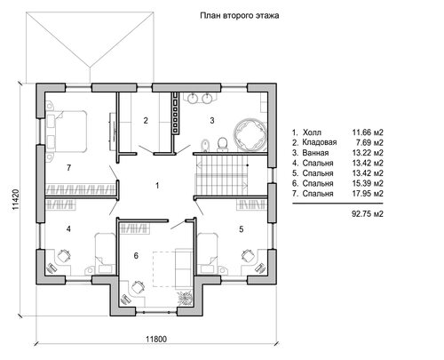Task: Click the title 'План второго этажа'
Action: tap(240, 16)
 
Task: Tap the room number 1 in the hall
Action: tap(157, 186)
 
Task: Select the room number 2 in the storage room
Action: tap(146, 121)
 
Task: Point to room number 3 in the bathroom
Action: tap(212, 121)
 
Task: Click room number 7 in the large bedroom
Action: tap(68, 168)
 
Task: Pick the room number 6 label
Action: tap(136, 255)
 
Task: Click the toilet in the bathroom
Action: tap(222, 144)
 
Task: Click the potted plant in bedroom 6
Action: tap(185, 298)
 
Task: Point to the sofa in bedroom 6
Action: tap(184, 268)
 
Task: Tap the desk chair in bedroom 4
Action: tap(64, 255)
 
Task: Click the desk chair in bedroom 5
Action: tap(249, 255)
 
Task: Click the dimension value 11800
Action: tap(156, 339)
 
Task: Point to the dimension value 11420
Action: tap(16, 200)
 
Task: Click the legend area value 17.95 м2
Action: tap(368, 194)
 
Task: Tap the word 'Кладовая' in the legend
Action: tap(320, 142)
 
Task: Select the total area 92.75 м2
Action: tap(368, 213)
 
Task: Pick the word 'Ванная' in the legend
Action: tap(315, 153)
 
